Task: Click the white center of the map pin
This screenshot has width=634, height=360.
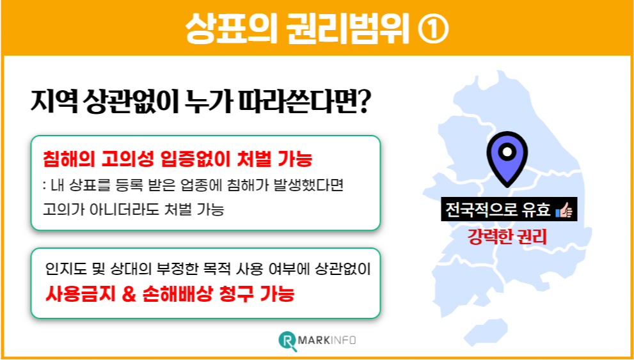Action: click(507, 153)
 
